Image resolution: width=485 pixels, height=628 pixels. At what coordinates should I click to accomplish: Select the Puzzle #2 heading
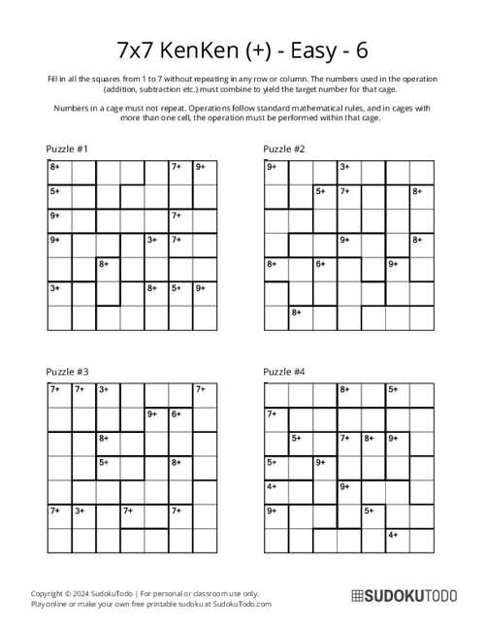[x=285, y=149]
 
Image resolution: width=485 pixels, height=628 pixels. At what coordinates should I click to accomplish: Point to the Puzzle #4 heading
[x=285, y=372]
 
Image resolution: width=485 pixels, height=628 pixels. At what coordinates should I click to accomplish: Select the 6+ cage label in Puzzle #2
[x=320, y=263]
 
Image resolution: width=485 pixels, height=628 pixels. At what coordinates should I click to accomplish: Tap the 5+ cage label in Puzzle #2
[x=320, y=191]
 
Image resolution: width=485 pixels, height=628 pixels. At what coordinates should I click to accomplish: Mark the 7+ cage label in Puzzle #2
[x=344, y=191]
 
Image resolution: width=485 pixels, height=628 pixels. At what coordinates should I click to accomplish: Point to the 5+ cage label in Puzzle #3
[x=104, y=462]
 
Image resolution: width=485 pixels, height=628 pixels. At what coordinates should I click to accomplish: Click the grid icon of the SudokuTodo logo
[x=357, y=597]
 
